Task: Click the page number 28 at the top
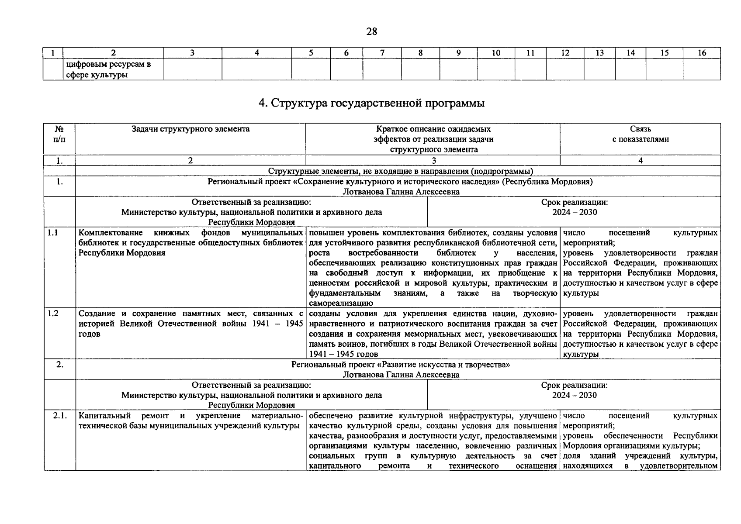[x=371, y=31]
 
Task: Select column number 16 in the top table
[x=702, y=53]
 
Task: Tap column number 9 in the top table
[x=458, y=53]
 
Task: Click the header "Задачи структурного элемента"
[x=190, y=129]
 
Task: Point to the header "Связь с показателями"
[x=640, y=134]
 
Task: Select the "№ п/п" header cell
[x=59, y=134]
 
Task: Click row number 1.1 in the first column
[x=53, y=233]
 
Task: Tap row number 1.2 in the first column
[x=53, y=314]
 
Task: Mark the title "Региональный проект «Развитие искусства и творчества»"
[x=400, y=365]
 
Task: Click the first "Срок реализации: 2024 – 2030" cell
[x=574, y=207]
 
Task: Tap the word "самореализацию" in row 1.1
[x=341, y=303]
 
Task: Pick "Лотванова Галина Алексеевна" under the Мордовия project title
[x=401, y=192]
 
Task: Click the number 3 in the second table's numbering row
[x=433, y=160]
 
